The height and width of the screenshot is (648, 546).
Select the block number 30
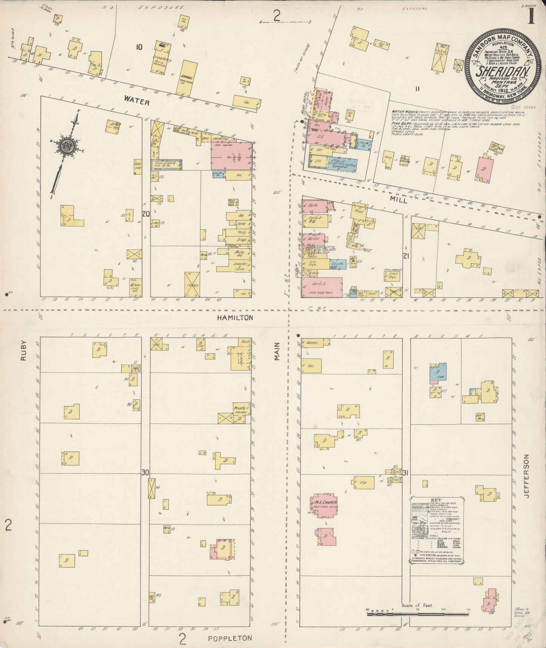point(145,472)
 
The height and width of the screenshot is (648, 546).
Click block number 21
point(406,256)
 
